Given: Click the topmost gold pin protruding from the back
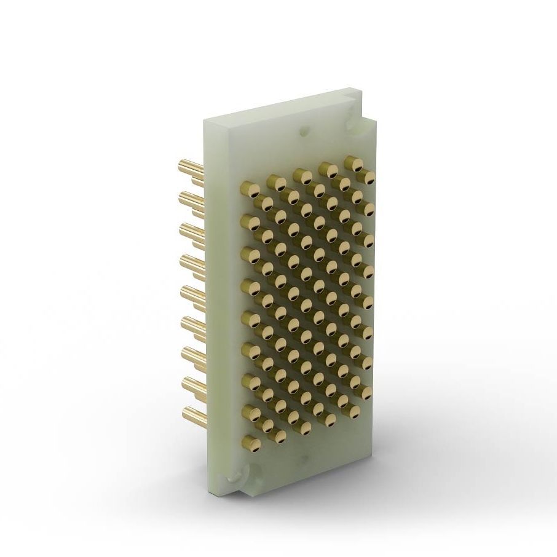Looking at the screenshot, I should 188,166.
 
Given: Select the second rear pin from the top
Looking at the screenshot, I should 188,198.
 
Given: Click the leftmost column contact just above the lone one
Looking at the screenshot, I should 251,411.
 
